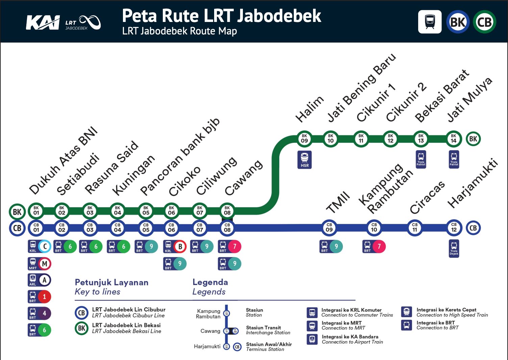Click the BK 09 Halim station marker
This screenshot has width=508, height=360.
(x=304, y=139)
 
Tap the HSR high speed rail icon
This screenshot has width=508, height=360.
(x=304, y=160)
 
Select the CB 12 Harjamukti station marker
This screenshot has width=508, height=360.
(x=454, y=228)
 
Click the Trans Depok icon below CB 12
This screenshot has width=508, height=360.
(x=454, y=249)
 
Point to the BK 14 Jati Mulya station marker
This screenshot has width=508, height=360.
(x=454, y=139)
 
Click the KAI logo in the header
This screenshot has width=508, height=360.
(x=43, y=23)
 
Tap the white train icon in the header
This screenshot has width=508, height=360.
(x=430, y=22)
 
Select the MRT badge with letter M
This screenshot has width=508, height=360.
(x=40, y=264)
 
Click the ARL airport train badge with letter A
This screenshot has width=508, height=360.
(x=40, y=280)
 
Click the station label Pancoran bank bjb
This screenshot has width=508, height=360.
(x=180, y=157)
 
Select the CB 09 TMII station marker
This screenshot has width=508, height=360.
(x=329, y=228)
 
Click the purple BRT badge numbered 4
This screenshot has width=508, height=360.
(x=40, y=313)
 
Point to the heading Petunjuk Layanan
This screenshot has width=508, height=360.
(x=111, y=282)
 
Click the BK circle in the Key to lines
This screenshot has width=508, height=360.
(x=81, y=328)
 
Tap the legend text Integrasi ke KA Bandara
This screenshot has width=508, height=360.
(x=350, y=337)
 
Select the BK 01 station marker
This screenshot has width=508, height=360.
(x=36, y=211)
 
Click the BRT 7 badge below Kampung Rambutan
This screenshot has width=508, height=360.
(x=374, y=247)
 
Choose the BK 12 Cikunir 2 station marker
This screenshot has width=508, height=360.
(x=390, y=139)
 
